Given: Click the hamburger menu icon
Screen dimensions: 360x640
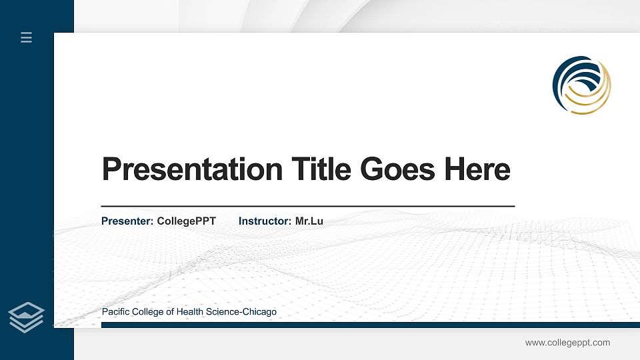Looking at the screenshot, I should point(27,37).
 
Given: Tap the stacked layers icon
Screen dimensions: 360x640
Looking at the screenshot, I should point(27,317).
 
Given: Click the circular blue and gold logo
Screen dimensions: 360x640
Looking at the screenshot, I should point(581,85).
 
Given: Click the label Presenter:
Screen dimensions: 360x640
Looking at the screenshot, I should point(127,221).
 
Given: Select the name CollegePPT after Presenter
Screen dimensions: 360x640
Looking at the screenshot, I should point(186,221).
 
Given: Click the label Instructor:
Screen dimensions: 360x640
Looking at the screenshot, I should point(265,221).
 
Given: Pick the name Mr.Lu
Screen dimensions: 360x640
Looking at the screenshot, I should point(309,221).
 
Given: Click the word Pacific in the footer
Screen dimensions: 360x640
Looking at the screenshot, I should point(116,312).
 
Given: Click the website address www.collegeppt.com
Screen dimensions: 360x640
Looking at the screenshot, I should point(567,343).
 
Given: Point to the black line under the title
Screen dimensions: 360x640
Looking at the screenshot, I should point(307,207).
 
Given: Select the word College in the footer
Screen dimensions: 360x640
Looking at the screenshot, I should point(148,312).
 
